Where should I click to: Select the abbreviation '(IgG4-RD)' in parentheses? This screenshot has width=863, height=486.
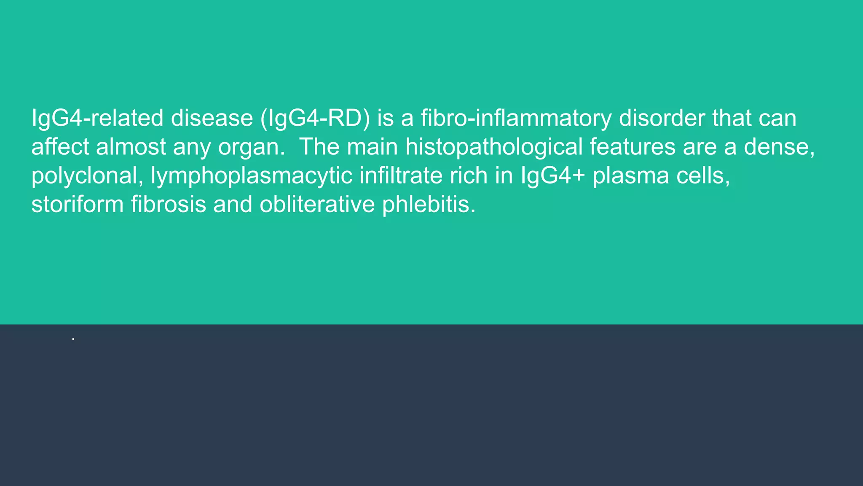click(315, 118)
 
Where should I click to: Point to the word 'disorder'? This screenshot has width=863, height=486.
click(662, 118)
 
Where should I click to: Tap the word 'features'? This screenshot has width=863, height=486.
click(632, 147)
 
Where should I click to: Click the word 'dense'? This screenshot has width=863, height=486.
click(779, 147)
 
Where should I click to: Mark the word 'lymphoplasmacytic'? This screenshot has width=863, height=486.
click(251, 176)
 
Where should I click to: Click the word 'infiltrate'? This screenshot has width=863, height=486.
click(401, 175)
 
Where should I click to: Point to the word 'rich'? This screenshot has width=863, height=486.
click(469, 175)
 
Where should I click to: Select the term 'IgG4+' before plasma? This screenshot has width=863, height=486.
click(553, 175)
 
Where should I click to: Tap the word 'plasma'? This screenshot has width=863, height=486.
click(630, 176)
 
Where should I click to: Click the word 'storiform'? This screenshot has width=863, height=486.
click(77, 204)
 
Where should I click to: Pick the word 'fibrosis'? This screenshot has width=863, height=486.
click(168, 204)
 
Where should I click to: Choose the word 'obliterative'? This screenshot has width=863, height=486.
click(317, 204)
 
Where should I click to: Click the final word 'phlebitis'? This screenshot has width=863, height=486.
click(429, 204)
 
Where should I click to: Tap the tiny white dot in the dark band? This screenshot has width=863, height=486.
click(73, 339)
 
